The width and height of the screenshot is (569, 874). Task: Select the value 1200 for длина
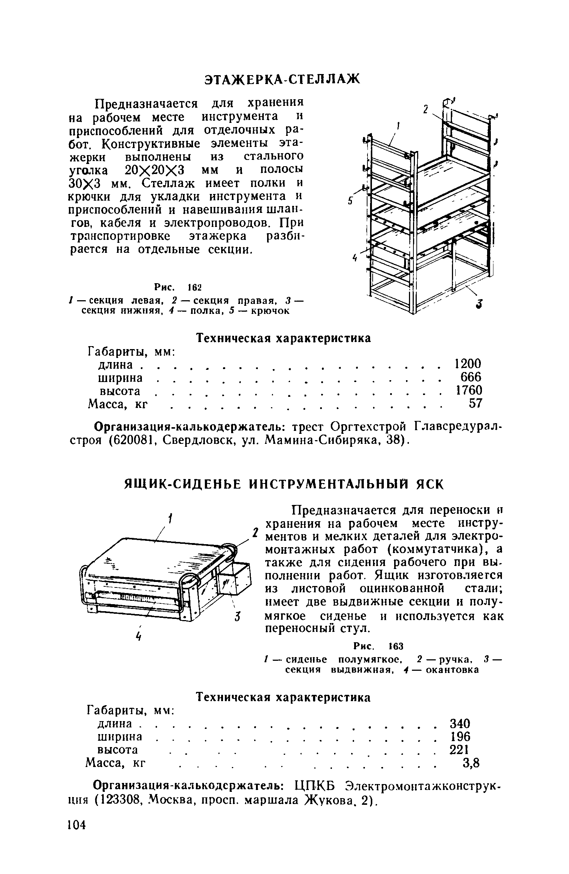468,364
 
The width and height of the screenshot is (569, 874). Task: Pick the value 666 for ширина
471,377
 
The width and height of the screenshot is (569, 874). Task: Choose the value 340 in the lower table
459,723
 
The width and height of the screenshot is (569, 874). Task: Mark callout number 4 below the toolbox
139,636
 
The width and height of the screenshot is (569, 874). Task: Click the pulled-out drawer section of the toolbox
234,582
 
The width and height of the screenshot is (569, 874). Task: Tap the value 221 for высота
459,750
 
